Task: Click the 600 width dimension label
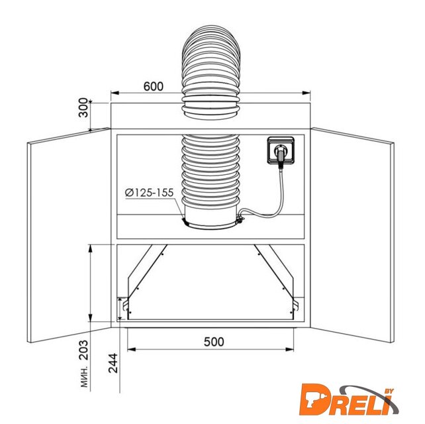point(153,86)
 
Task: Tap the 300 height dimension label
point(83,107)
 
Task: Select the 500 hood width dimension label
point(214,342)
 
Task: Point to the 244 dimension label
point(113,363)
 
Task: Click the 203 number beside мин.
point(83,350)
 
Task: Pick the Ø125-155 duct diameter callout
point(150,193)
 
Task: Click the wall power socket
point(281,150)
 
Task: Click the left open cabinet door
point(69,235)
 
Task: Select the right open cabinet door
point(352,235)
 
